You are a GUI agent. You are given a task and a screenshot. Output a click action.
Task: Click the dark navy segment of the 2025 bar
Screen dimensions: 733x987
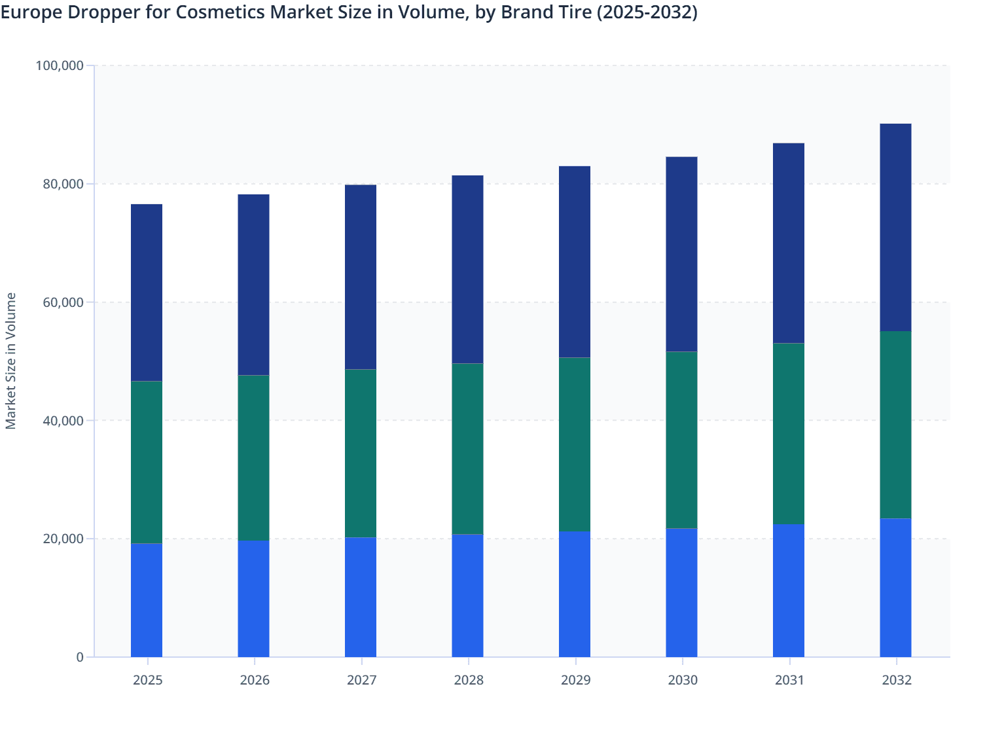click(147, 293)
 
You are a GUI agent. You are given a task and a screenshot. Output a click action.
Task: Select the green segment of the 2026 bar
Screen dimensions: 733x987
click(253, 457)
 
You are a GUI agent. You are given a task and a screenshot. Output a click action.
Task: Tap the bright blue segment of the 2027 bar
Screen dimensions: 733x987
click(361, 597)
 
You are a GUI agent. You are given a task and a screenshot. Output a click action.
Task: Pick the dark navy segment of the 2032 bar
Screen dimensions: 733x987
click(895, 227)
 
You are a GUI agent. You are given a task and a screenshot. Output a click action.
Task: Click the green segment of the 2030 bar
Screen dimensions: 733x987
click(681, 440)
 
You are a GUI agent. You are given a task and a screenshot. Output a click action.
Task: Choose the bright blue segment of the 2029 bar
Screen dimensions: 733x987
click(575, 594)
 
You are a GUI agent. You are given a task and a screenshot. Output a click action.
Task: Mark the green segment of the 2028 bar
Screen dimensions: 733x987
click(467, 449)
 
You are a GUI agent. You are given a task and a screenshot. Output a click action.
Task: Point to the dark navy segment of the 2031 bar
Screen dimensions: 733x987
click(789, 243)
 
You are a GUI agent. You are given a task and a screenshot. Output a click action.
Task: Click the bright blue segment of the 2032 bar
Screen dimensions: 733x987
click(895, 588)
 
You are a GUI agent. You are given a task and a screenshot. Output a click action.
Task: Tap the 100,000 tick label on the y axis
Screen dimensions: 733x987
click(60, 65)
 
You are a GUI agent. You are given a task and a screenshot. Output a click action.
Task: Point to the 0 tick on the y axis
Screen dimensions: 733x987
click(80, 657)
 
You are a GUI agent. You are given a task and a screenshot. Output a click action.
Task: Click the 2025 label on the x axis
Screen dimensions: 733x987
click(147, 680)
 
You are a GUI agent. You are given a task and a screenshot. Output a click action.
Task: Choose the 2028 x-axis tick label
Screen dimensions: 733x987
click(469, 680)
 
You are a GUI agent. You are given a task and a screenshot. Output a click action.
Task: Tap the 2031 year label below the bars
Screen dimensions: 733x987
click(789, 680)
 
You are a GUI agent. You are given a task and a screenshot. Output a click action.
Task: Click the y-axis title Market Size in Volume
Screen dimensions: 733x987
click(10, 361)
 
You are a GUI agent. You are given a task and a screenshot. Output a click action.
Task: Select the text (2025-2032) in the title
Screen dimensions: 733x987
click(647, 12)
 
